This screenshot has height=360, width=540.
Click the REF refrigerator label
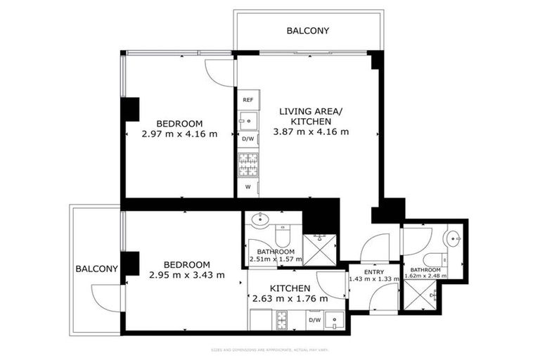tap(247, 100)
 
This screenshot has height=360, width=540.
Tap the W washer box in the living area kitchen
tap(247, 187)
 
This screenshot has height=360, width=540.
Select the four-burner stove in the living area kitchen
tap(247, 165)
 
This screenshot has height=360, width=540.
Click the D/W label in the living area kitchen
tap(247, 139)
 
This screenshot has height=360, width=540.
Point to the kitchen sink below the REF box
tap(247, 120)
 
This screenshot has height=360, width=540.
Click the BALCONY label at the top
tap(307, 31)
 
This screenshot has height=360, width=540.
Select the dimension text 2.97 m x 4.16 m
tap(179, 134)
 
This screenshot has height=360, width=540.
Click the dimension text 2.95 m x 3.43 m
tap(186, 275)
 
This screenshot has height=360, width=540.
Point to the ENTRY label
tap(374, 271)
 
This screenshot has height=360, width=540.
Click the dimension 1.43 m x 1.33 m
tap(374, 278)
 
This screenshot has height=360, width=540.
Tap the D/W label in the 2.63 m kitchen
tap(314, 321)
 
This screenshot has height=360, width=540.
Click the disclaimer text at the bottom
tap(270, 349)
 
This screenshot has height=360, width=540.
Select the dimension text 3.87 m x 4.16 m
tap(310, 131)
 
